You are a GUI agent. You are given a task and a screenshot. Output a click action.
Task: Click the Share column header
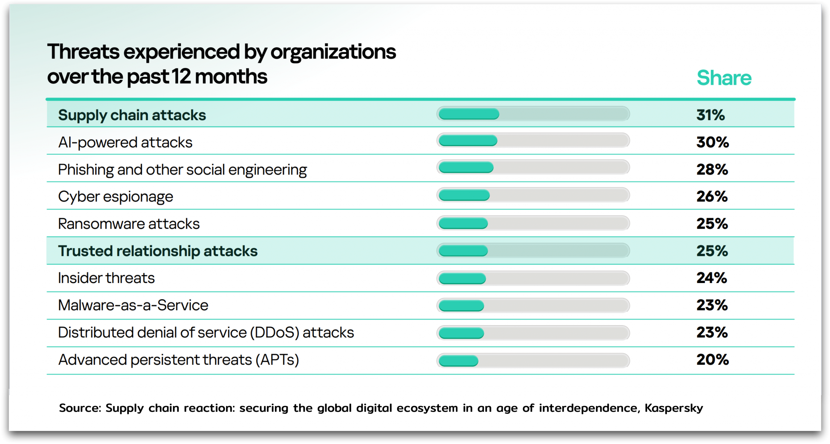tap(724, 78)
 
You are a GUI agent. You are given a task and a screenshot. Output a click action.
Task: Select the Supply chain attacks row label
tap(132, 115)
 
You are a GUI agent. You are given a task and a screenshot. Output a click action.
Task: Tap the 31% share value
tap(710, 115)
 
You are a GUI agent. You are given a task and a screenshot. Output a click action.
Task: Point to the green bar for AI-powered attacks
tap(468, 141)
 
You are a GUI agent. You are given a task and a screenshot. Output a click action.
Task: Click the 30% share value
tap(712, 142)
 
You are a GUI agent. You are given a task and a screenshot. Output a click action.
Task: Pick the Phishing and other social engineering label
tap(182, 170)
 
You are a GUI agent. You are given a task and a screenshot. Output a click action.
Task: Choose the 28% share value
tap(712, 170)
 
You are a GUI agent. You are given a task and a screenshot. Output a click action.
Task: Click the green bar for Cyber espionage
tap(464, 195)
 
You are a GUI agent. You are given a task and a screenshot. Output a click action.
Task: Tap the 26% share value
tap(712, 197)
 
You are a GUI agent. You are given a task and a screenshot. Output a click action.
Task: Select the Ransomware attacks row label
tap(129, 224)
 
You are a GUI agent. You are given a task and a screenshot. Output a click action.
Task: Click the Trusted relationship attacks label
tap(158, 251)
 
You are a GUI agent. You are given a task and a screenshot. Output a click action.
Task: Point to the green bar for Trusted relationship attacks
tap(463, 251)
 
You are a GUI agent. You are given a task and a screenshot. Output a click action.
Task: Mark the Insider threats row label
tap(106, 278)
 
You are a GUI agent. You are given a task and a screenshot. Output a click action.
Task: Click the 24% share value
tap(712, 278)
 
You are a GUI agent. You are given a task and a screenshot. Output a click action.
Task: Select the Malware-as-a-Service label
tap(133, 305)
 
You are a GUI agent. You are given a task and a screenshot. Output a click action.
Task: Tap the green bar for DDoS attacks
tap(461, 333)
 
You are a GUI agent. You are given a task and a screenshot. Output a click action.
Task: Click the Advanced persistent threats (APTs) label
tap(178, 360)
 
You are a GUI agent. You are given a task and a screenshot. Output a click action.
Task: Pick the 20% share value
tap(712, 360)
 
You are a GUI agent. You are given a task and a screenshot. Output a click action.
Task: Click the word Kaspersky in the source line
tap(674, 408)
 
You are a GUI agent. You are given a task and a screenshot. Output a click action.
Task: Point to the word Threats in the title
tap(83, 52)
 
